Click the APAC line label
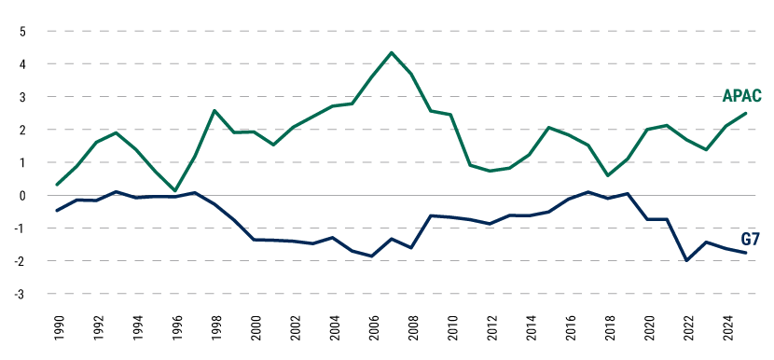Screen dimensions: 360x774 742,96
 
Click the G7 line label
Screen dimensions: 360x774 752,239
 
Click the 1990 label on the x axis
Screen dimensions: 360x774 57,330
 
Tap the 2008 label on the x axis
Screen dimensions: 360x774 410,330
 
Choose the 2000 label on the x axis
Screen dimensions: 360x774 254,330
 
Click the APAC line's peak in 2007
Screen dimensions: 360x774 391,52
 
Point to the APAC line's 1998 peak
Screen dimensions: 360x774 214,111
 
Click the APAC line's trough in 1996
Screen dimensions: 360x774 175,190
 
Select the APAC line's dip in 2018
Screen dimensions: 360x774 607,175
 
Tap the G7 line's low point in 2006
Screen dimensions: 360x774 371,256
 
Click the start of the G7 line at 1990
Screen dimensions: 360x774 57,211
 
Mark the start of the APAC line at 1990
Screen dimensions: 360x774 57,185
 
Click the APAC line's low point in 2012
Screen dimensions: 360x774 490,171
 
